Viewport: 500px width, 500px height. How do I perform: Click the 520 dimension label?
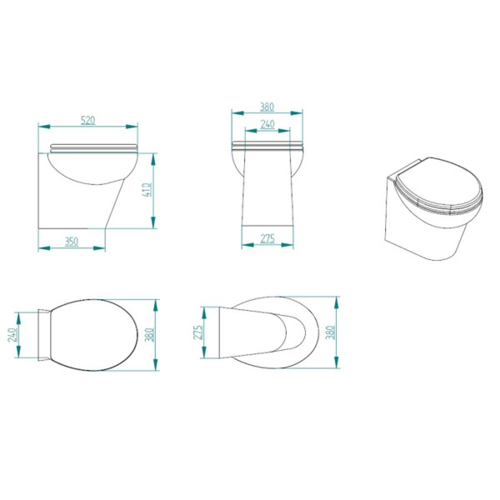[x=88, y=121]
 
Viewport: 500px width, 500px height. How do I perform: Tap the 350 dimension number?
[x=72, y=242]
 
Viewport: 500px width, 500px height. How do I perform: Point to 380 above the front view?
[x=267, y=107]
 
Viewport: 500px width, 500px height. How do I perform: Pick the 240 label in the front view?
[x=267, y=125]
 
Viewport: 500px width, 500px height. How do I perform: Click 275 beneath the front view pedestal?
[x=267, y=239]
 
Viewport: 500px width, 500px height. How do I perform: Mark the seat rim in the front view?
[x=267, y=147]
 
